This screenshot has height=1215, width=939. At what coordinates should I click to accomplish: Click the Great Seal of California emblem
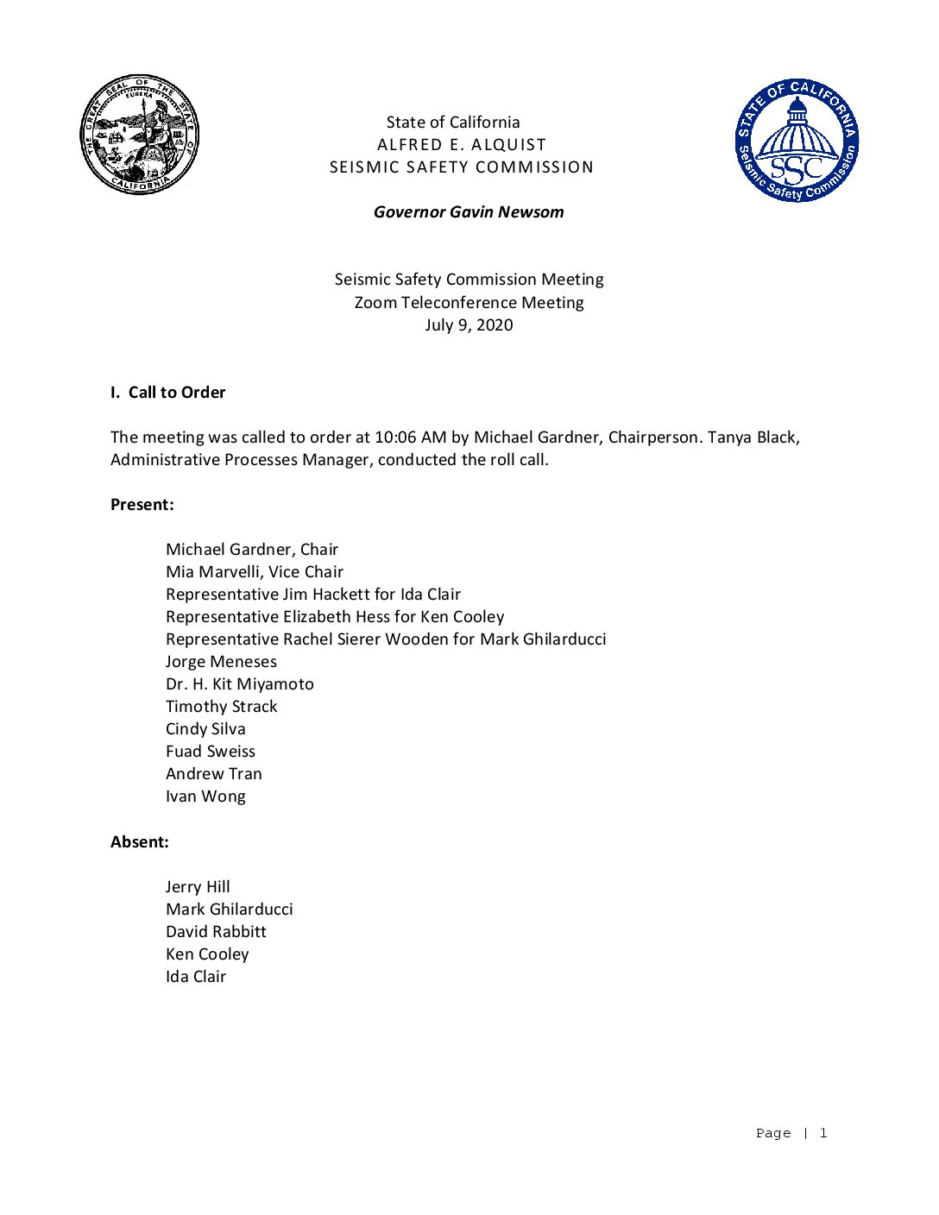tap(139, 135)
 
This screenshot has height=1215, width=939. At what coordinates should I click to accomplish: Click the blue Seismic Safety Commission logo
tap(797, 141)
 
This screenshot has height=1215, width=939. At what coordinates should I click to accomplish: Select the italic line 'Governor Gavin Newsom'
tap(469, 212)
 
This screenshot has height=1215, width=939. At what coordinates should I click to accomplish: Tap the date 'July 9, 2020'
tap(469, 325)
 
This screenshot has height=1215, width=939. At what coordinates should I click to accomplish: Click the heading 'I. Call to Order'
tap(168, 393)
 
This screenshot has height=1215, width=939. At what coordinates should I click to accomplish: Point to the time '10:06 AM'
tap(410, 438)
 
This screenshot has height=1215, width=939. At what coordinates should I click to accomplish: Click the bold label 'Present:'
tap(142, 505)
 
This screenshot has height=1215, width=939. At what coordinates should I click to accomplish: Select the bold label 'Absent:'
tap(140, 842)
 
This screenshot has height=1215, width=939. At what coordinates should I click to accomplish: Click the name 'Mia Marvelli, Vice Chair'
tap(255, 572)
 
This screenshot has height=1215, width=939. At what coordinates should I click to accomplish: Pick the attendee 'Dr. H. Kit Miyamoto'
tap(240, 684)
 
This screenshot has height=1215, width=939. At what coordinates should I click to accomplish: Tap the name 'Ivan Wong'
tap(205, 796)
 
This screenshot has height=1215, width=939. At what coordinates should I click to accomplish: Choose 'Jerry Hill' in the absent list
tap(198, 887)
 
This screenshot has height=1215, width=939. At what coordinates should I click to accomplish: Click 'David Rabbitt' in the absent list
tap(216, 932)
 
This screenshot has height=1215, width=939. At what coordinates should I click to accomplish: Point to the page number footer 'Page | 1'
tap(791, 1133)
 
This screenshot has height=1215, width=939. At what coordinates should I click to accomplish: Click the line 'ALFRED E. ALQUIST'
tap(462, 145)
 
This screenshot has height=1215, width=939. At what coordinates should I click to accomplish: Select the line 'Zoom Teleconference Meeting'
tap(469, 303)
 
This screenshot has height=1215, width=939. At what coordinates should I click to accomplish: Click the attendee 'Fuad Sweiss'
tap(211, 752)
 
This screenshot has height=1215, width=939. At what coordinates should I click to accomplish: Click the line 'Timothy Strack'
tap(222, 707)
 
